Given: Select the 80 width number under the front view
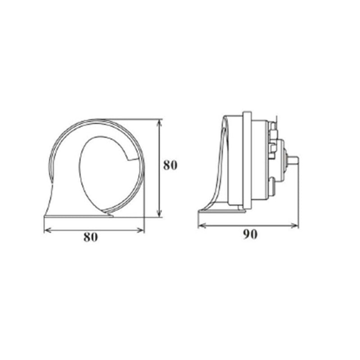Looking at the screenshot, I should [x=90, y=238].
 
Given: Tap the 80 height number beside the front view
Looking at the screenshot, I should [x=170, y=165].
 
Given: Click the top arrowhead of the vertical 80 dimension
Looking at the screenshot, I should [x=158, y=122].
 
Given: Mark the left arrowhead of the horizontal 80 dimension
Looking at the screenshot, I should [x=46, y=230].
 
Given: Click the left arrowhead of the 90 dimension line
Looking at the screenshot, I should [x=201, y=225].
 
